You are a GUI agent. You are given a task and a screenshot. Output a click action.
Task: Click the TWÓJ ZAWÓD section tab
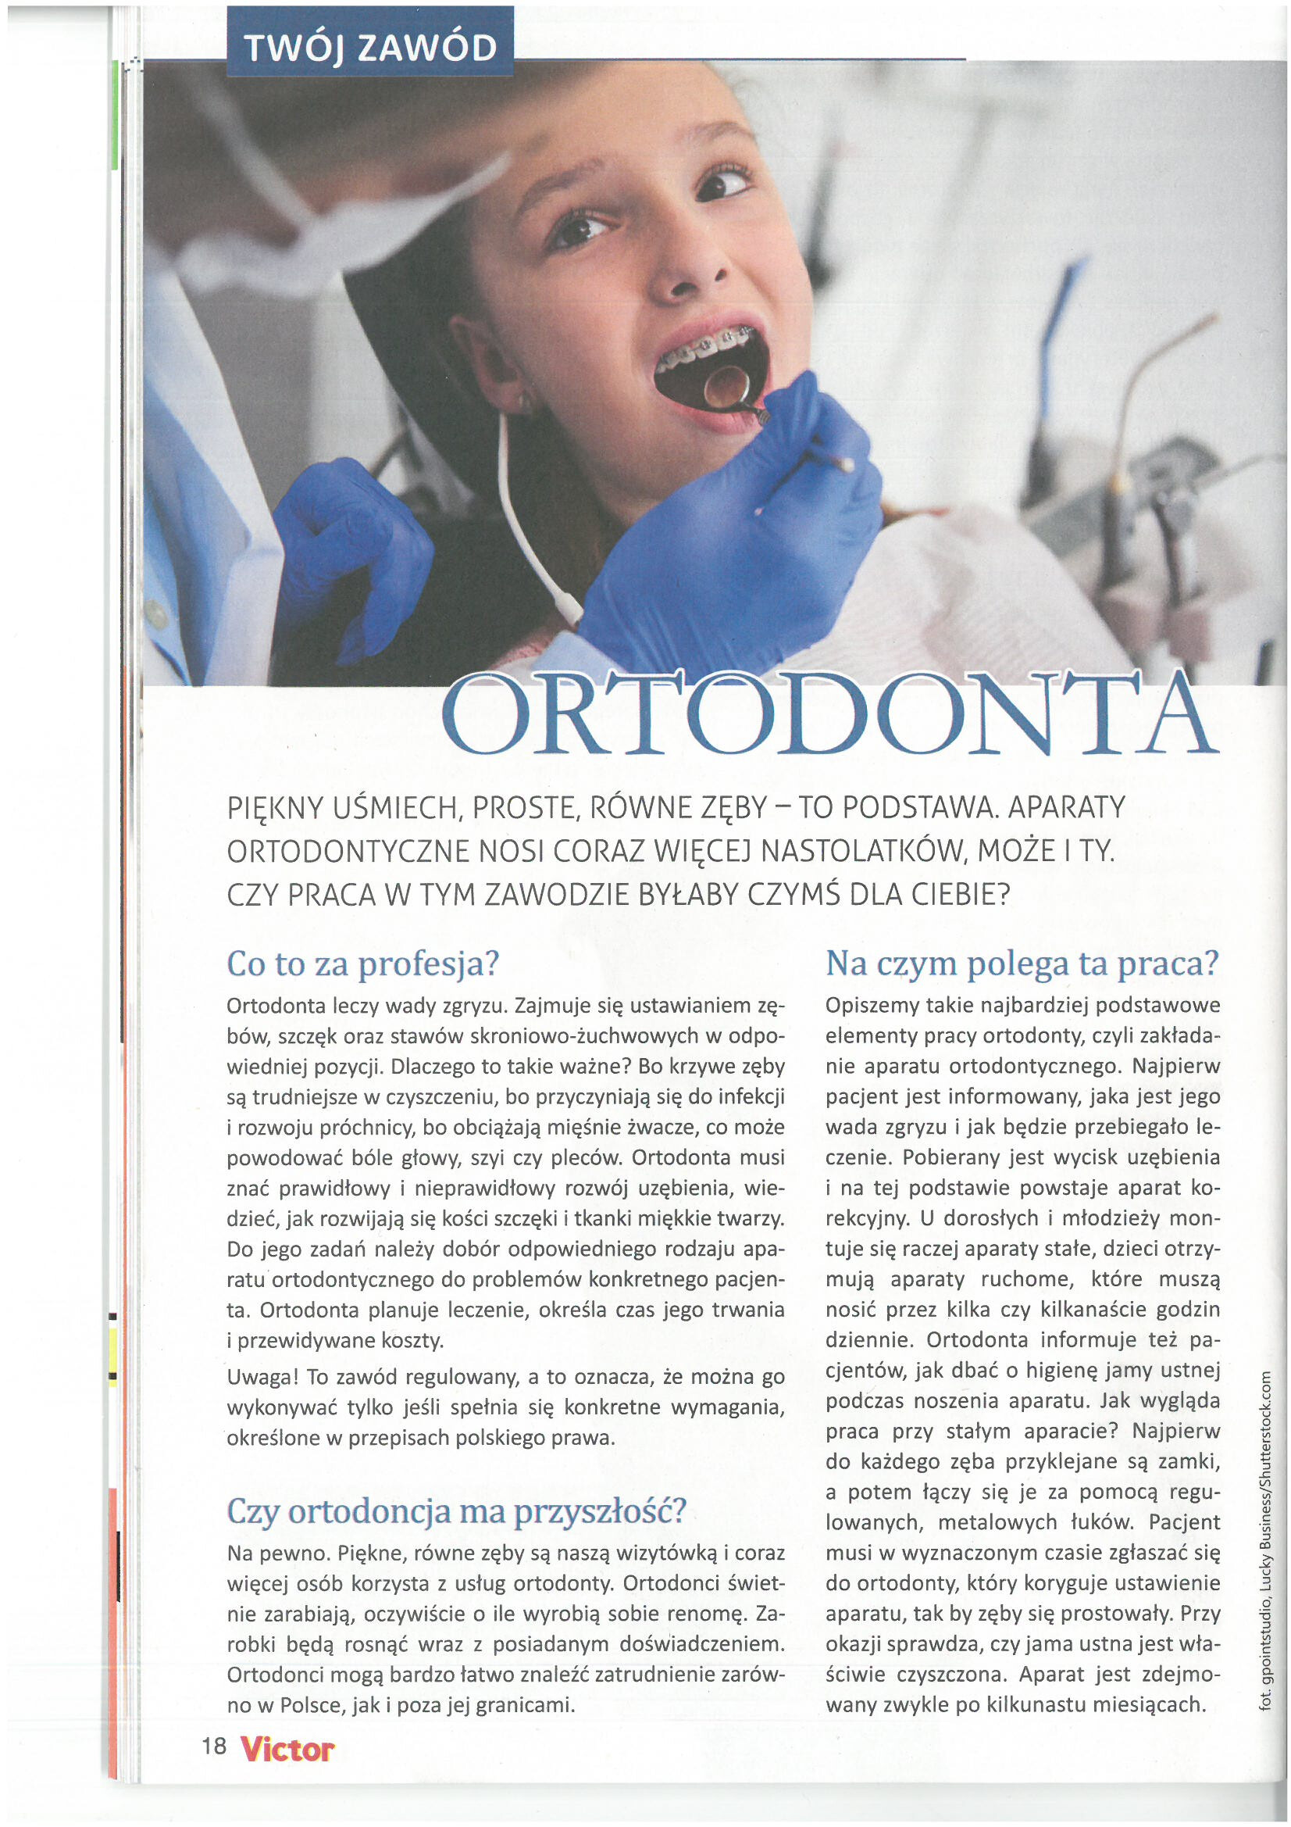pyautogui.click(x=370, y=47)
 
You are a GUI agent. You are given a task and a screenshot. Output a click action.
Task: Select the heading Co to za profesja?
pyautogui.click(x=362, y=964)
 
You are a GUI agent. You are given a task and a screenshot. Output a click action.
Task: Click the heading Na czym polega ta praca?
pyautogui.click(x=1022, y=963)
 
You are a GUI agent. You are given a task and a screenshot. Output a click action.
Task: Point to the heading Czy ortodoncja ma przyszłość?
pyautogui.click(x=456, y=1511)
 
